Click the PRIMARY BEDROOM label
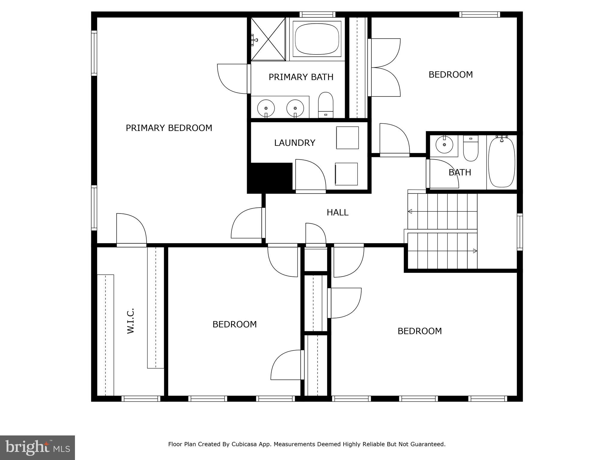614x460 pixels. [x=169, y=128]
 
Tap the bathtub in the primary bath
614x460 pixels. [x=317, y=39]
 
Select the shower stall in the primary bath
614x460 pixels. [x=268, y=39]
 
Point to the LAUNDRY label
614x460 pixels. [x=294, y=143]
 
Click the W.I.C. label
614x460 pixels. [x=130, y=321]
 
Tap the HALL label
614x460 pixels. [x=337, y=213]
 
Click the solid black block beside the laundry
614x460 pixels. [x=270, y=178]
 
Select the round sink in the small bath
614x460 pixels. [x=444, y=145]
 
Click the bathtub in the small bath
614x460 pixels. [x=502, y=162]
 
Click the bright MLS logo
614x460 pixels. [x=37, y=447]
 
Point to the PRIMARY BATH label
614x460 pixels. [x=301, y=77]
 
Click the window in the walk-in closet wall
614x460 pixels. [x=141, y=399]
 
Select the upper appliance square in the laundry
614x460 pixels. [x=347, y=138]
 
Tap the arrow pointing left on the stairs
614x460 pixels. [x=410, y=211]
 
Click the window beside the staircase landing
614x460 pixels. [x=520, y=232]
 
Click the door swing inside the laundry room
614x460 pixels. [x=310, y=175]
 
